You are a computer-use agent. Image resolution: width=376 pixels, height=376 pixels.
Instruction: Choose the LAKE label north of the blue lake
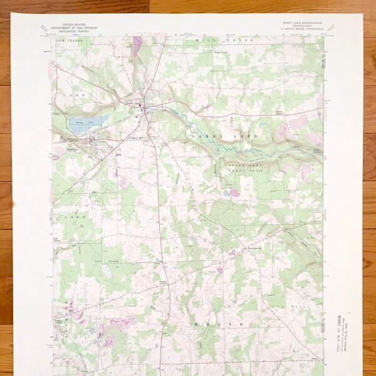coord(73,94)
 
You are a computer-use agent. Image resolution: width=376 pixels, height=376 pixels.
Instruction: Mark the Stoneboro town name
coord(70,141)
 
